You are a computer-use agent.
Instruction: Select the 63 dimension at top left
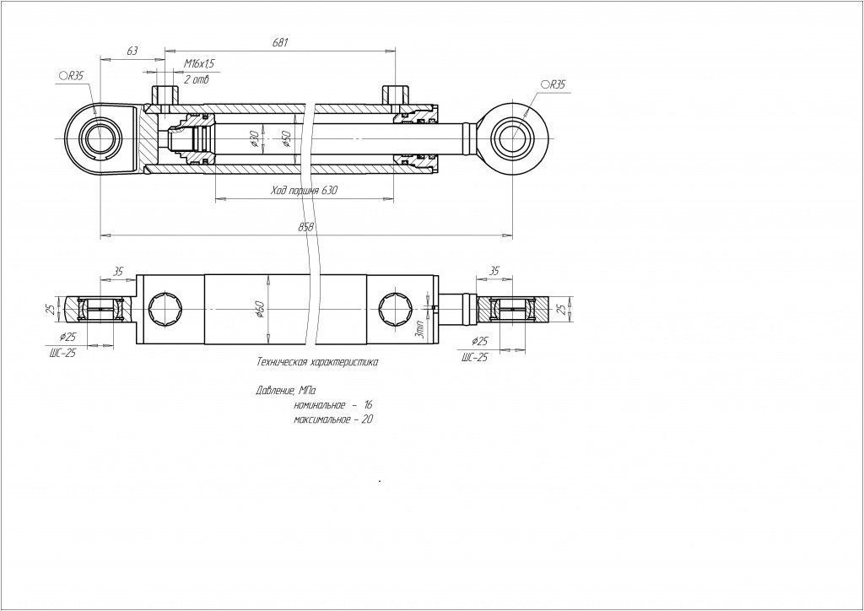tap(132, 51)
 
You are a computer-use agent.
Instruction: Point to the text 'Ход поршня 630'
tap(304, 192)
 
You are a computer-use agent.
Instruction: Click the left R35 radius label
tap(72, 76)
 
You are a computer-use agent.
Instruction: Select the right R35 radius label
tap(553, 85)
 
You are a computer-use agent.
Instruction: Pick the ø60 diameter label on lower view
tap(260, 310)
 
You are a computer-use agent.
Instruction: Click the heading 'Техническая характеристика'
tap(317, 362)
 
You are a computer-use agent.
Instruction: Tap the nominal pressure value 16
tap(368, 406)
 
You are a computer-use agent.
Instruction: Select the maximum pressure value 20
tap(366, 419)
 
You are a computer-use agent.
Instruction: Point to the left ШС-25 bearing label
tap(62, 354)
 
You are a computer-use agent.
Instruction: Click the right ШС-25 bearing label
tap(475, 358)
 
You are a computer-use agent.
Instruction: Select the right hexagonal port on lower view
tap(396, 308)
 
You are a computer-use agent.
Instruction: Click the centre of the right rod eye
tap(512, 138)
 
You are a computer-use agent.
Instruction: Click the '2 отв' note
tap(196, 80)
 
